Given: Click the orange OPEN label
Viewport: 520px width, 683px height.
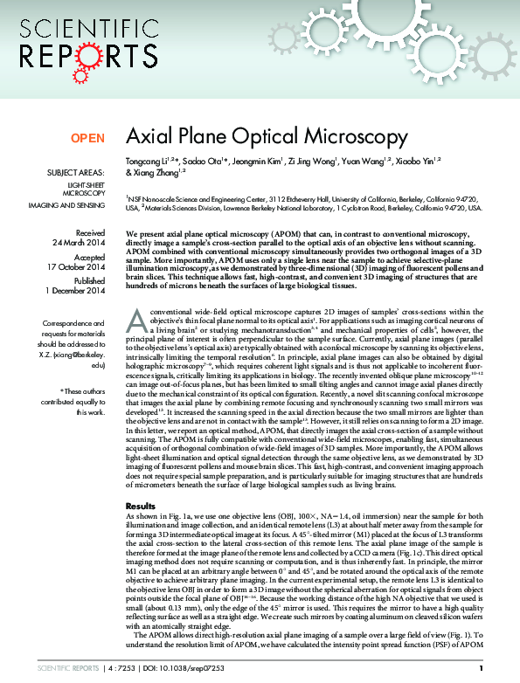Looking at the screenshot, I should coord(87,138).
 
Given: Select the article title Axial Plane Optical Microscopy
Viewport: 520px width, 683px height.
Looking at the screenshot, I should coord(267,137).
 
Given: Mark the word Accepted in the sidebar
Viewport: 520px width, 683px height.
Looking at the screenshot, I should coord(89,259).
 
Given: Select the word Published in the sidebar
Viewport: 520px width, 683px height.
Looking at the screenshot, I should coord(88,282).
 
